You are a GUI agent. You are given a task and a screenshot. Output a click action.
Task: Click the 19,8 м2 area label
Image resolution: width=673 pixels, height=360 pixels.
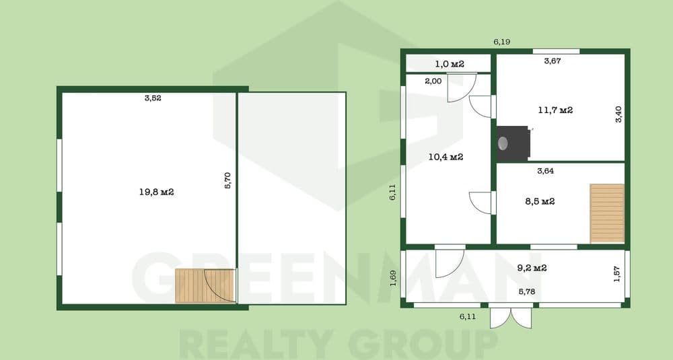pos(156,192)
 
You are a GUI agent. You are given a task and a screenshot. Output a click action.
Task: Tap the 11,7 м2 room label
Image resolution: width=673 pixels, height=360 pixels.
pos(555,110)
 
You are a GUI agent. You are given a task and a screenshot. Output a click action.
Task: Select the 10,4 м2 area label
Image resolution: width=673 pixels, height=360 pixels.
pos(446,157)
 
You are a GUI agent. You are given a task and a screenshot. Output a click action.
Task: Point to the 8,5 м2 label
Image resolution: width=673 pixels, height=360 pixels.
pos(540,201)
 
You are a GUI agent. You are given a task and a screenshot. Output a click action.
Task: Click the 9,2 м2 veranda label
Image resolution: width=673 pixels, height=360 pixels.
pos(532,268)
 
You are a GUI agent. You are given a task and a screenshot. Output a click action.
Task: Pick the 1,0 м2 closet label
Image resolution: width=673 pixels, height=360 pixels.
pos(450,65)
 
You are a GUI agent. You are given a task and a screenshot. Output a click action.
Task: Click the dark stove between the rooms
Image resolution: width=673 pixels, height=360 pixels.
pos(513,143)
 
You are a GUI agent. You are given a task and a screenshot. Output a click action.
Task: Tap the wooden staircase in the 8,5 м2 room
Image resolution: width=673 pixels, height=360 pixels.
pos(607,213)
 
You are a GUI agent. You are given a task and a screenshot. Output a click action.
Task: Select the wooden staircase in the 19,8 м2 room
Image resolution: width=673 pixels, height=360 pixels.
pos(205,286)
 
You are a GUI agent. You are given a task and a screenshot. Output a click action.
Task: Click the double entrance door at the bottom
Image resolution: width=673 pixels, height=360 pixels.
pos(511,317)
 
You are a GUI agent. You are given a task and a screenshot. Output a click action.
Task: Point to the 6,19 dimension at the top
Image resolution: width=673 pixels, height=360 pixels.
pos(502,42)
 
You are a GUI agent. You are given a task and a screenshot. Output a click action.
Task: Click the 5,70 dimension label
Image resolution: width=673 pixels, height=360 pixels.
pos(228,180)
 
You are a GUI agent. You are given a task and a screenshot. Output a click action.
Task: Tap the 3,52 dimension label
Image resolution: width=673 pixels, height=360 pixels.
pos(153,98)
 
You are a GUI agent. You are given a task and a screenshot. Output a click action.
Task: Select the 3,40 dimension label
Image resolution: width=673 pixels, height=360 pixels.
pos(618,114)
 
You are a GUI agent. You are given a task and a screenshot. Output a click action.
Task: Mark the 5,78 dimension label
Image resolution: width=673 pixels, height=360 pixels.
pos(527,291)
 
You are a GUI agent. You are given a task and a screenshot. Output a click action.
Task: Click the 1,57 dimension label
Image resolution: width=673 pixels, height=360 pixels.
pos(616,274)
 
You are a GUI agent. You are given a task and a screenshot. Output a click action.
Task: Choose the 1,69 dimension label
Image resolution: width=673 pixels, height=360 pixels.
pos(393,278)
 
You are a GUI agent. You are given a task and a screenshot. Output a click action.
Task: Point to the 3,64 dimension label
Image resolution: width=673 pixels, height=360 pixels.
pos(546,171)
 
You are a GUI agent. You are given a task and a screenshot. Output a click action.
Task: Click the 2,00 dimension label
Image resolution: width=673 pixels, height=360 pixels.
pos(433,81)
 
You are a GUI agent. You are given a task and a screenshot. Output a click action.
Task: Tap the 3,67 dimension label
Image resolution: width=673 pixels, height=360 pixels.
pos(553,61)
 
